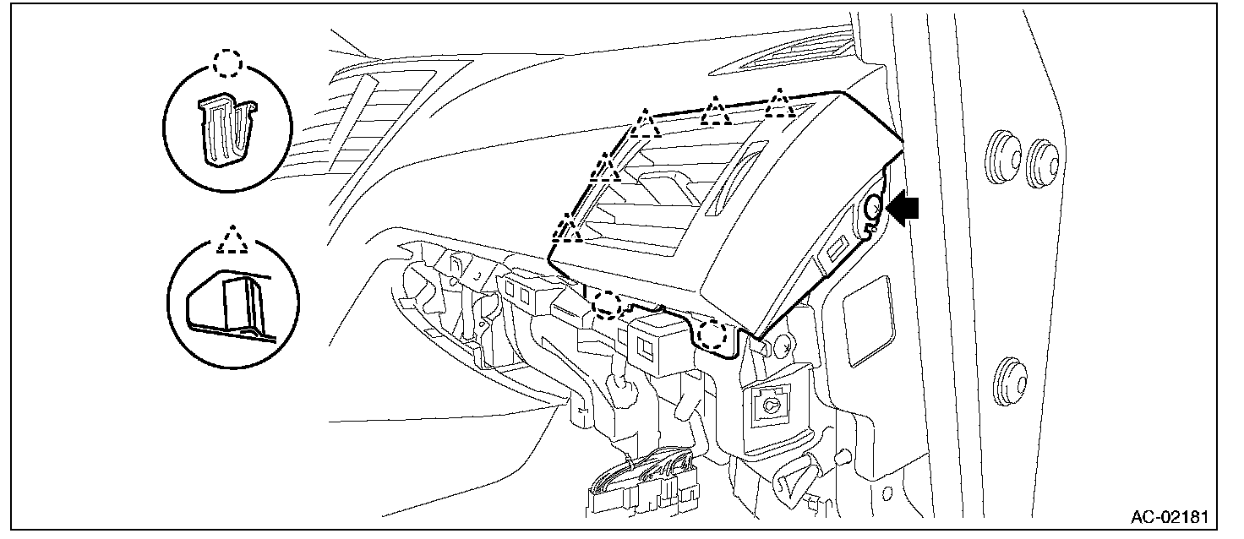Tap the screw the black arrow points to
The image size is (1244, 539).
[x=875, y=207]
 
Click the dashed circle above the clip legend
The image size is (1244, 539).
[x=227, y=62]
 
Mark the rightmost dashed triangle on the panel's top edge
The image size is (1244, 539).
[x=778, y=106]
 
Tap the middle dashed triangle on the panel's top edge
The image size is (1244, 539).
[x=717, y=110]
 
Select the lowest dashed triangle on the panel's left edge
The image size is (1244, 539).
[x=568, y=228]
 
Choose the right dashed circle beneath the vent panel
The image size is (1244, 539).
[x=715, y=335]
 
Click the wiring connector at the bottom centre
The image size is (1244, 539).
[x=647, y=486]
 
